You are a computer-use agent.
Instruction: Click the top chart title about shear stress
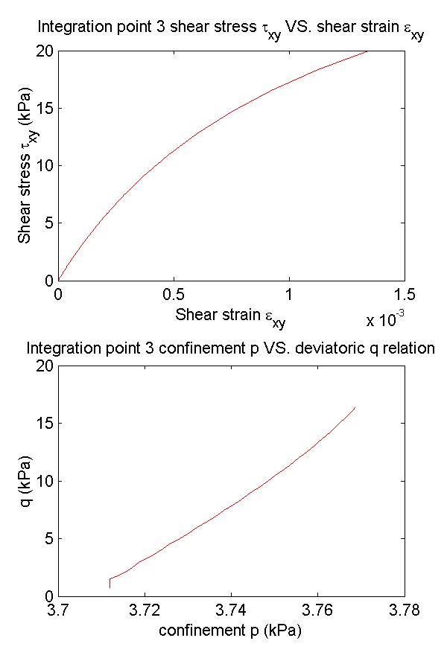coord(230,31)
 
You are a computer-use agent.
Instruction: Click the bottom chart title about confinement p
coord(230,348)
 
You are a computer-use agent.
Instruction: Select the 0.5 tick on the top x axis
coord(174,294)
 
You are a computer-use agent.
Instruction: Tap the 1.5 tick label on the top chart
coord(405,294)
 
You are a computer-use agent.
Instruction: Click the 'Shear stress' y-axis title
coord(28,165)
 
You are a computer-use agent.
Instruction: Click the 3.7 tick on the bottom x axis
coord(58,610)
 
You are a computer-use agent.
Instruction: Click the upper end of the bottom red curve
coord(355,408)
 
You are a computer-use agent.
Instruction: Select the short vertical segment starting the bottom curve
coord(110,583)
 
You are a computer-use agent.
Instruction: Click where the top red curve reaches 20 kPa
coord(367,51)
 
